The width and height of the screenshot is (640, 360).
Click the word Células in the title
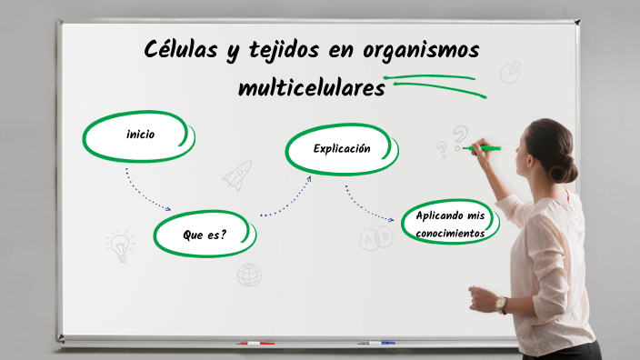coord(180,50)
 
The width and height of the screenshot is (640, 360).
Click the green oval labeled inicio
coord(139,135)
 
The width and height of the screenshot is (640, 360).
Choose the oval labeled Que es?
coord(204,235)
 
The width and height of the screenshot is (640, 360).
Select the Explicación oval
coord(341,148)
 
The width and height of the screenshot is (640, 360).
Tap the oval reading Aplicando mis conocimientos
coord(450,224)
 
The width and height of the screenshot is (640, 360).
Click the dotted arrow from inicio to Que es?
coord(145,191)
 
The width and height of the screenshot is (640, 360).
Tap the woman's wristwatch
coord(501,304)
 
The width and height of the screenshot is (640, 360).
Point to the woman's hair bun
coord(565,168)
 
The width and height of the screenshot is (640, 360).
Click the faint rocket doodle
coord(237,174)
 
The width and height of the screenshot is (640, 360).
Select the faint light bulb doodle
coord(119,245)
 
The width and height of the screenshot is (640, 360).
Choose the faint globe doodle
coord(249,275)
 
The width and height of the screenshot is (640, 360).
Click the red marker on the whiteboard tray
coord(256,344)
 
